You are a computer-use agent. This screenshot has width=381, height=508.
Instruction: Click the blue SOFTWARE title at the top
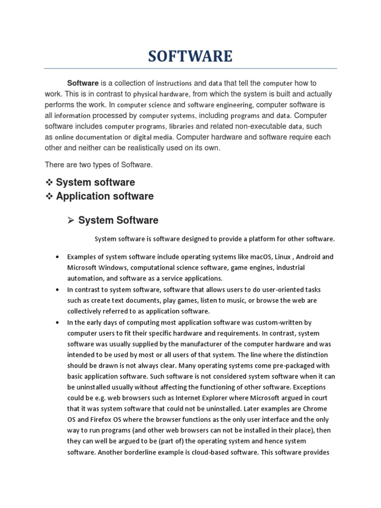[190, 56]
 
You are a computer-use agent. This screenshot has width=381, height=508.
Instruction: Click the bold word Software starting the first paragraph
[83, 83]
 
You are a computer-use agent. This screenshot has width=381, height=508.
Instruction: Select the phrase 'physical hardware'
[161, 94]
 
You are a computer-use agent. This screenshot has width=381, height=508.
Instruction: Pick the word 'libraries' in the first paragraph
[181, 126]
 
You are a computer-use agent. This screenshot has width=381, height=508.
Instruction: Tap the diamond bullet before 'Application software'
[49, 196]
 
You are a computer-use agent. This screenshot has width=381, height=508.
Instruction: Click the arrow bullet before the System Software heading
[70, 220]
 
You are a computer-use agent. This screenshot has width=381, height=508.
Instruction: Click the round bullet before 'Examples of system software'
[58, 257]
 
